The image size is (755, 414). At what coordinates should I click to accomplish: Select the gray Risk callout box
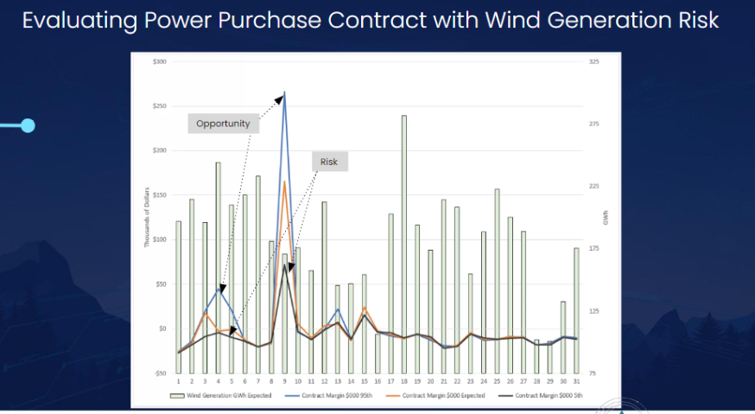(x=329, y=162)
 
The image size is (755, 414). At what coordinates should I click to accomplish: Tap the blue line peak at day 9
(x=284, y=92)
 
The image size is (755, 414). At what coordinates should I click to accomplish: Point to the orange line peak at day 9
(x=284, y=182)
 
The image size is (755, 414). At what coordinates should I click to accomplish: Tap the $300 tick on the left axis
(x=159, y=62)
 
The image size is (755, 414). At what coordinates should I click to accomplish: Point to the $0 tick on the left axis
(x=161, y=328)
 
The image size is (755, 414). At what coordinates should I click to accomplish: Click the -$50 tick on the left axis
(x=159, y=373)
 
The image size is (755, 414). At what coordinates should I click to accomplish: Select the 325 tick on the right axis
(x=593, y=62)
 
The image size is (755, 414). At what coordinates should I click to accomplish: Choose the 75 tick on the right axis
(x=593, y=373)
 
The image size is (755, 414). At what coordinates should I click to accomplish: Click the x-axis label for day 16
(x=377, y=381)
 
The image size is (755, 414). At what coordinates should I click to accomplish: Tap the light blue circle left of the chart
(x=28, y=126)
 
